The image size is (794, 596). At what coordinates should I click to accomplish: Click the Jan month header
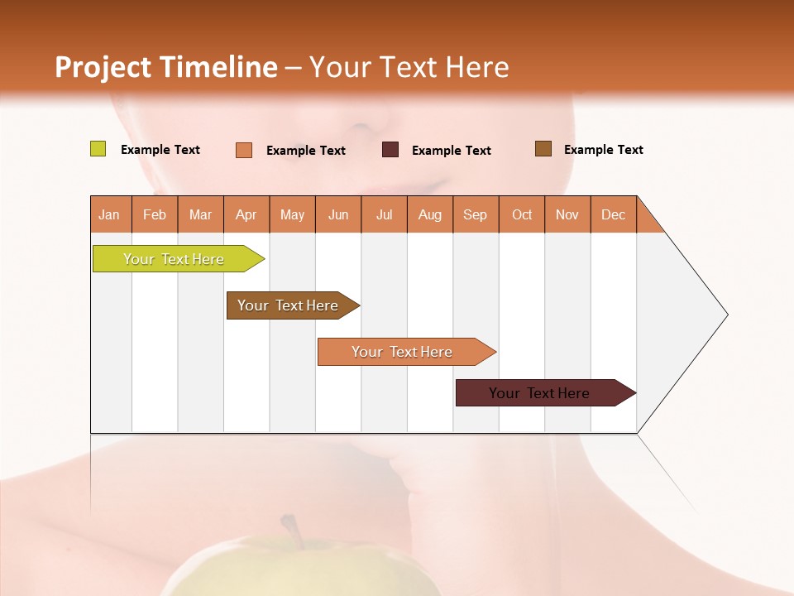click(110, 214)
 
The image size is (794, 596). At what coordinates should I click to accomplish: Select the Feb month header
click(155, 214)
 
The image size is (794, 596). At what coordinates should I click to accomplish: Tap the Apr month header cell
click(246, 214)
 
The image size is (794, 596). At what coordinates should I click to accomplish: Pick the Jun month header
click(338, 214)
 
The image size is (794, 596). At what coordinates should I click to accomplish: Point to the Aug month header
click(430, 214)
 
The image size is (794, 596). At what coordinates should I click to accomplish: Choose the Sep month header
click(476, 214)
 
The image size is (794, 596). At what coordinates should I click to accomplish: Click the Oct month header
click(522, 214)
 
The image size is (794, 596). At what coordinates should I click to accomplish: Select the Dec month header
click(614, 214)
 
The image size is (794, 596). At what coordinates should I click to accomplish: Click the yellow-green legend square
click(98, 149)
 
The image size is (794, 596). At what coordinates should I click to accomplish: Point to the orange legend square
click(244, 150)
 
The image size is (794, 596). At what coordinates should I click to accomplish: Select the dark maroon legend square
click(390, 149)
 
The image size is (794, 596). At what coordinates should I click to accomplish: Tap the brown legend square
click(543, 149)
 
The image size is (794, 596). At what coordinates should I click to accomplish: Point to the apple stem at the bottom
click(291, 529)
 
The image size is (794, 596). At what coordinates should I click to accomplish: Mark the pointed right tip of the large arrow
click(726, 315)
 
